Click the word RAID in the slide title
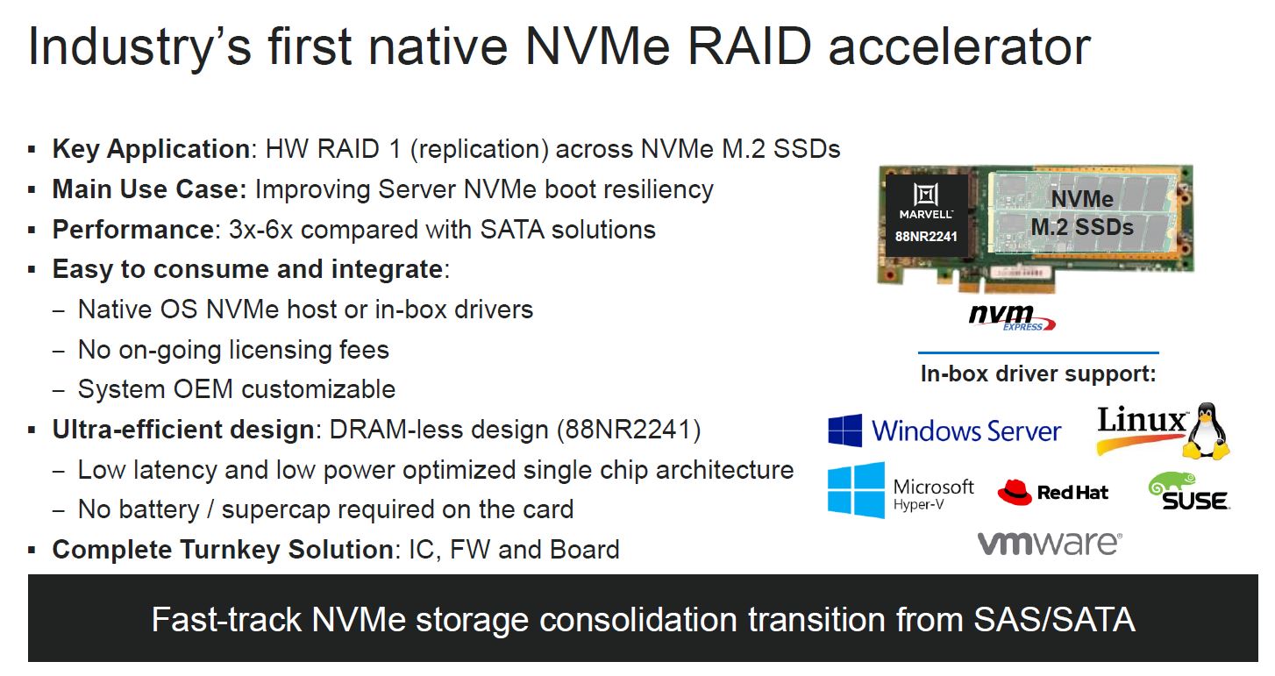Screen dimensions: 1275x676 749,46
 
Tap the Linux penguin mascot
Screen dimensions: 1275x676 1205,431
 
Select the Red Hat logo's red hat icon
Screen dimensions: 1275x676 1015,492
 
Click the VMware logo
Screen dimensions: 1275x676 1050,544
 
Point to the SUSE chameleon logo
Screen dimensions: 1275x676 1188,491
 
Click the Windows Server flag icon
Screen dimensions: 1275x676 845,431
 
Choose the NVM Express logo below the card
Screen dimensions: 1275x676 1012,317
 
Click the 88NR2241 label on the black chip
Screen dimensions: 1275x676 926,237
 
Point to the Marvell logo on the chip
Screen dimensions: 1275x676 926,201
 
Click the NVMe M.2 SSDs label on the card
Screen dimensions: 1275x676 1082,213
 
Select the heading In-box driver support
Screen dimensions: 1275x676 1038,374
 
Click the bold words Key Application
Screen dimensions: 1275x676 151,149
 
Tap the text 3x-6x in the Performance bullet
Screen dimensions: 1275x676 260,230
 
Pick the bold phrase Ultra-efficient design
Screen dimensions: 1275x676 183,430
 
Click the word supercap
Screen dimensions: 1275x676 276,509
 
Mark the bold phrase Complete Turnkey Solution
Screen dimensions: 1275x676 223,550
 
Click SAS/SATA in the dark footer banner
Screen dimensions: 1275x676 1054,620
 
